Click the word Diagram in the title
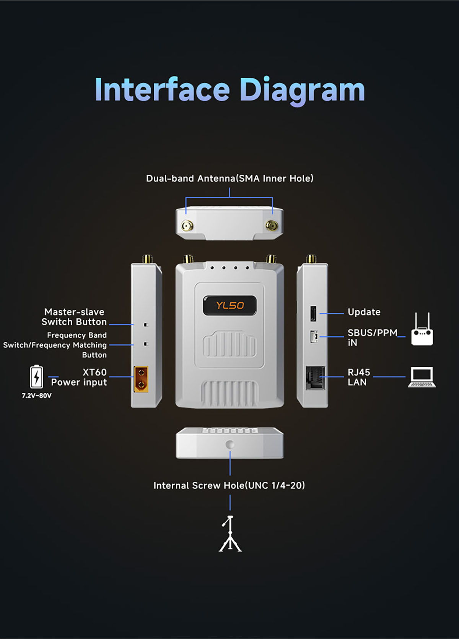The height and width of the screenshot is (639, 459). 302,91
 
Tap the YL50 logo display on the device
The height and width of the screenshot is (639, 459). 230,305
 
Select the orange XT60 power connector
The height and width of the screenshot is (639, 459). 141,379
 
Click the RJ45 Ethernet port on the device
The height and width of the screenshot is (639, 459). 315,378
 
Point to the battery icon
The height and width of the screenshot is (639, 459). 37,376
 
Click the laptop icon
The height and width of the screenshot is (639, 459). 422,377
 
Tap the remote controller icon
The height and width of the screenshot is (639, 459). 422,329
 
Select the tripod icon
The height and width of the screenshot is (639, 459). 230,534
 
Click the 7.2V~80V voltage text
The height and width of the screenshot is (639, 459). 37,396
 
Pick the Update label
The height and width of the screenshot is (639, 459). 364,312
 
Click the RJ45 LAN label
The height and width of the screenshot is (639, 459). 359,377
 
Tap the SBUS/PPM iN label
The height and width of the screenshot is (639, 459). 372,337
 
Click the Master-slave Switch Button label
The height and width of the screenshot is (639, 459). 74,317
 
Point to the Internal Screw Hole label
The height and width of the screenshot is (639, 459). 229,485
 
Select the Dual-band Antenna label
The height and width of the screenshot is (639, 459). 230,178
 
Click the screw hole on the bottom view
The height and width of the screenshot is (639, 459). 230,444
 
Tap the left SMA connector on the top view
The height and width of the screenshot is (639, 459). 187,226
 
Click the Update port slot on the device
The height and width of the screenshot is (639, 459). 313,313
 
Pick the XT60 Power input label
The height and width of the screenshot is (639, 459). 79,377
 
